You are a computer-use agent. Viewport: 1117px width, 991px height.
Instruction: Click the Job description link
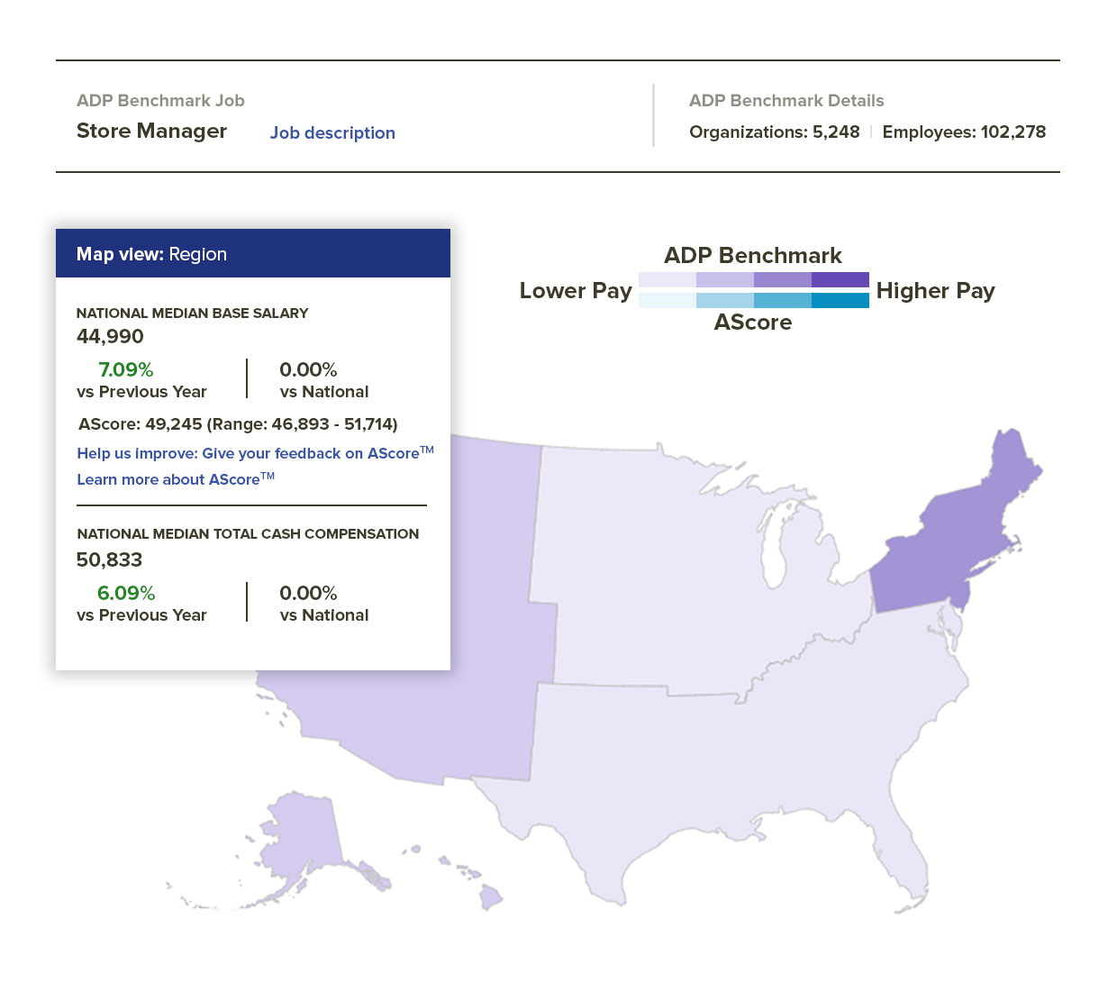click(x=332, y=133)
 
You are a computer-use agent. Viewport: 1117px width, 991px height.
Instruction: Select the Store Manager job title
click(x=151, y=132)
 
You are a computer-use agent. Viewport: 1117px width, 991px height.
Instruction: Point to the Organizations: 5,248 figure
click(x=774, y=132)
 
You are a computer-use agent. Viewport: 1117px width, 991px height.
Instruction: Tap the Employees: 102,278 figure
click(x=964, y=132)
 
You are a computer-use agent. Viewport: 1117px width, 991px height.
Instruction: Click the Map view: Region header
click(x=151, y=254)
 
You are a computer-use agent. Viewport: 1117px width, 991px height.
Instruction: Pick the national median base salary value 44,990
click(x=110, y=337)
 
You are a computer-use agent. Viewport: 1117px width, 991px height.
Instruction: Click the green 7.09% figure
click(x=126, y=370)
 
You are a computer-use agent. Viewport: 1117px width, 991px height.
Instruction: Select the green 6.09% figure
click(x=126, y=594)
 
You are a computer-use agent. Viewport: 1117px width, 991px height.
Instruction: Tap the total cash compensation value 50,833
click(x=109, y=560)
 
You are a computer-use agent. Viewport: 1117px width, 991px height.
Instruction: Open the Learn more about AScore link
click(x=175, y=479)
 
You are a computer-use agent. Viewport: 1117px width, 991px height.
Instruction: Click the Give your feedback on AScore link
click(x=255, y=453)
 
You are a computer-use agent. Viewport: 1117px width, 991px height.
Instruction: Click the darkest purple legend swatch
click(x=840, y=280)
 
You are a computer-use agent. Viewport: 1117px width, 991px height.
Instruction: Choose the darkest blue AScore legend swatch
click(x=840, y=301)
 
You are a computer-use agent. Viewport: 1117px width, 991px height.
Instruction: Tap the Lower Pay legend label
click(x=575, y=291)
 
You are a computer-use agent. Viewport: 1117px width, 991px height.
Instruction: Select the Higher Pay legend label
click(x=935, y=291)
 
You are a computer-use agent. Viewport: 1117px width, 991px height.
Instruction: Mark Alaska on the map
click(x=302, y=838)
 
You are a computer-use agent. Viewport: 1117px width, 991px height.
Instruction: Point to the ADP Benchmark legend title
click(x=753, y=256)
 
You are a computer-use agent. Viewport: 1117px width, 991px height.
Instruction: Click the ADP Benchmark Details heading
click(x=786, y=101)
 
